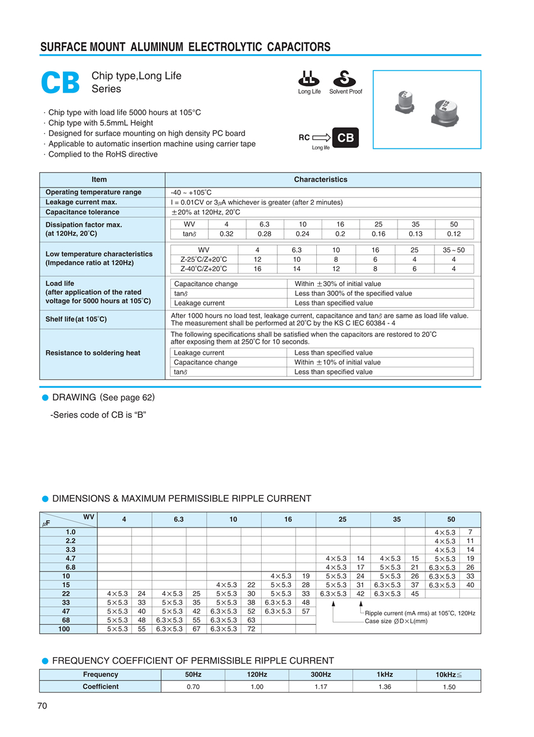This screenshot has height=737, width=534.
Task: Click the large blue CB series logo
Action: (60, 83)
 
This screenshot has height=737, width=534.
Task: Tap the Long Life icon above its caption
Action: (309, 78)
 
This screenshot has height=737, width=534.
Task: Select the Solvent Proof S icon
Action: (342, 78)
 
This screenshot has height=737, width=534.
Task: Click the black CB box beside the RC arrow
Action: (345, 138)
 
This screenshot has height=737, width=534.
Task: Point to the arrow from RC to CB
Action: (321, 138)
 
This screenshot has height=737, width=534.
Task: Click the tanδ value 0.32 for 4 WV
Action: (227, 234)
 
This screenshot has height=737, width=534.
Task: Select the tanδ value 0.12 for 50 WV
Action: (454, 234)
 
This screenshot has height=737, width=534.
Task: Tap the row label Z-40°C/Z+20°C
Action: (204, 269)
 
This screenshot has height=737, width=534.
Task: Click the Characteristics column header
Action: (320, 179)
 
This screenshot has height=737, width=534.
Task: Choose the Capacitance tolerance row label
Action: (82, 212)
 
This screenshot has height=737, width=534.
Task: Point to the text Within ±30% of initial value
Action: (338, 284)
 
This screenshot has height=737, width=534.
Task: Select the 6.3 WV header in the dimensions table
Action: (179, 520)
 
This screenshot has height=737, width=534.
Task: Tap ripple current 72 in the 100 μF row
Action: (252, 629)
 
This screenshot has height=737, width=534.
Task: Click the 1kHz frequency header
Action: (384, 675)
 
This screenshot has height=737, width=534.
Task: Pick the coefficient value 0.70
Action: (192, 687)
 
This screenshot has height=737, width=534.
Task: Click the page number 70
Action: (42, 706)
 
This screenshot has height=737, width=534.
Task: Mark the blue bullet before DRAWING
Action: (44, 397)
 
